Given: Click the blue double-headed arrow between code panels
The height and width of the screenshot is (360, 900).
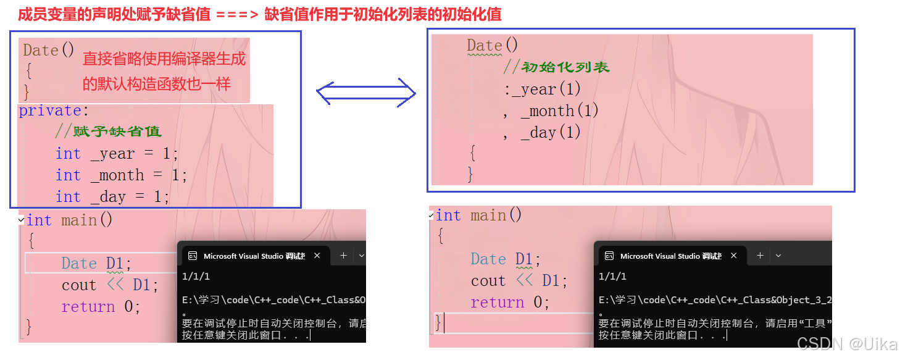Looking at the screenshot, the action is (366, 93).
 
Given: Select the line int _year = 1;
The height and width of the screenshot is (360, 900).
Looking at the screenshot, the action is (117, 154).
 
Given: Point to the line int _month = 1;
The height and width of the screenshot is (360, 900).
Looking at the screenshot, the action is (121, 175).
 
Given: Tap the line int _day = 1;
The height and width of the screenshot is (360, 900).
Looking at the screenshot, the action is (112, 197).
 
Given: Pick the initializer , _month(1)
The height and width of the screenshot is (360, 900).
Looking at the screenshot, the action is (551, 111).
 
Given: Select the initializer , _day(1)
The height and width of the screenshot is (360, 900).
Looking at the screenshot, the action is (542, 133).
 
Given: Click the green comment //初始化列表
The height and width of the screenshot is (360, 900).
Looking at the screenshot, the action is (557, 67).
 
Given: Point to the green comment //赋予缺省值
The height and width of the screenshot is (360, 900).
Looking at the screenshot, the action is (108, 132).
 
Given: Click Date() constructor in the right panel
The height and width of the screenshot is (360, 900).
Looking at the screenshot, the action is (493, 46).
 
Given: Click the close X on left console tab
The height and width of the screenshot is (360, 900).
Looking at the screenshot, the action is (317, 256).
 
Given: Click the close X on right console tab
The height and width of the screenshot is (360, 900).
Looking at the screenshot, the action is (734, 256).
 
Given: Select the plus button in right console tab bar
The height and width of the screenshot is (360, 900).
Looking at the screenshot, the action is (760, 256).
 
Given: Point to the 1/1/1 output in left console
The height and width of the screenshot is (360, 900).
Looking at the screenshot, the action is (196, 277).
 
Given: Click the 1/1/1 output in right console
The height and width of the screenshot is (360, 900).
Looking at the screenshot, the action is (612, 277).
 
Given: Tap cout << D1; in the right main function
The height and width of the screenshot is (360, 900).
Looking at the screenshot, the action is (519, 281).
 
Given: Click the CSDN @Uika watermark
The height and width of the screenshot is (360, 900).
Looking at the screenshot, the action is (847, 343).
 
